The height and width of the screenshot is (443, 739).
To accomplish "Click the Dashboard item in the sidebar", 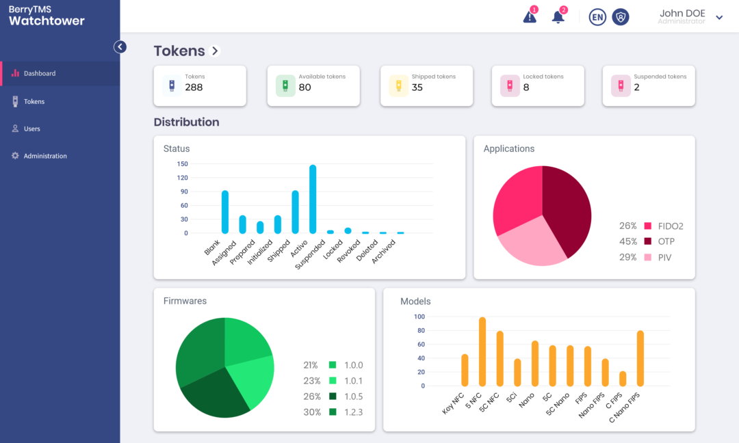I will tap(39, 73).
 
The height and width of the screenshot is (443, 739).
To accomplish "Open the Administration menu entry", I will tap(44, 156).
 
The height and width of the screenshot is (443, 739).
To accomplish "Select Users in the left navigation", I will tap(31, 129).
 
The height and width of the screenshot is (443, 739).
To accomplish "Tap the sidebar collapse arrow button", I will tap(120, 46).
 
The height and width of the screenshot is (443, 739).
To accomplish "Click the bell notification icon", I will tap(558, 17).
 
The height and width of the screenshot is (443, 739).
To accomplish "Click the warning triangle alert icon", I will tap(530, 17).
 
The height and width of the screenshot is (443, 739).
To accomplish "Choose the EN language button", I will tap(597, 17).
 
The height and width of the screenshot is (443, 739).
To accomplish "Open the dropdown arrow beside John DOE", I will tap(719, 18).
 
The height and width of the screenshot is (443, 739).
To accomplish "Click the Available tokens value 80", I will tap(304, 88).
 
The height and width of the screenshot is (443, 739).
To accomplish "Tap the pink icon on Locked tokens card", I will tap(509, 86).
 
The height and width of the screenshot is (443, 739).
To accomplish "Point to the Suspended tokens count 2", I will tap(636, 88).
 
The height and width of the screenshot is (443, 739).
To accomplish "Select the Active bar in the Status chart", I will tap(313, 199).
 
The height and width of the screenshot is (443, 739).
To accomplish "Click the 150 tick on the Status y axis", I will tap(182, 164).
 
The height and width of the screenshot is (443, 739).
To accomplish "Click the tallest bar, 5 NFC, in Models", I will tap(482, 351).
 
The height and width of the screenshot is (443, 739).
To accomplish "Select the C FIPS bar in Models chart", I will tap(623, 379).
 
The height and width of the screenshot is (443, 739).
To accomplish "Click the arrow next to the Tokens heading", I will tap(215, 51).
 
